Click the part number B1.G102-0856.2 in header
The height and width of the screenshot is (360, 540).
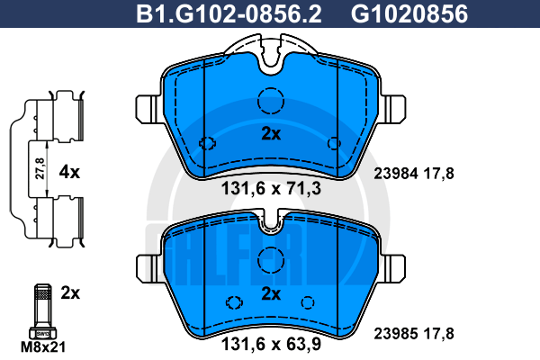[x=229, y=14]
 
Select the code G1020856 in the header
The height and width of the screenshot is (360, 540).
[x=409, y=14]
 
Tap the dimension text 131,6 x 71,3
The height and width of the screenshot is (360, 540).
[x=271, y=189]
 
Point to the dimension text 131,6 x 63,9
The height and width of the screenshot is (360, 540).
[x=271, y=344]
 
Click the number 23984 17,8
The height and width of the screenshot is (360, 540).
[x=414, y=174]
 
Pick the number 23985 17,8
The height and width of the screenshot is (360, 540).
[x=414, y=334]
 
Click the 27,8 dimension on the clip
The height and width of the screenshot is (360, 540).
[x=40, y=168]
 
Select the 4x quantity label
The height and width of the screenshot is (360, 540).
[x=69, y=172]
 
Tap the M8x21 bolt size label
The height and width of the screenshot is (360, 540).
[x=43, y=347]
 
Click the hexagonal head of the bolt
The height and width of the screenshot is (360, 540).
[x=43, y=333]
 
